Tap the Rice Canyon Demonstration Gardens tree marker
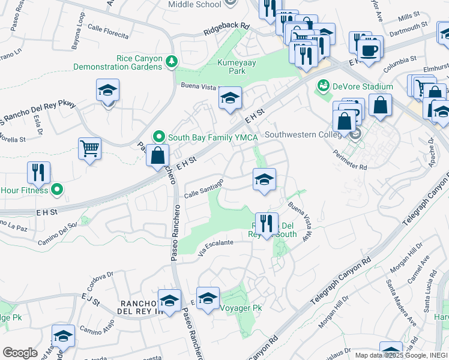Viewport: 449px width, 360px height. point(172,61)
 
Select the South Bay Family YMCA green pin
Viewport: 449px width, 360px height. point(159,137)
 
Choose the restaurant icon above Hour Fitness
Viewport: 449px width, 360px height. point(38,172)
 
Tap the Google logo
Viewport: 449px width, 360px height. point(20,353)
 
